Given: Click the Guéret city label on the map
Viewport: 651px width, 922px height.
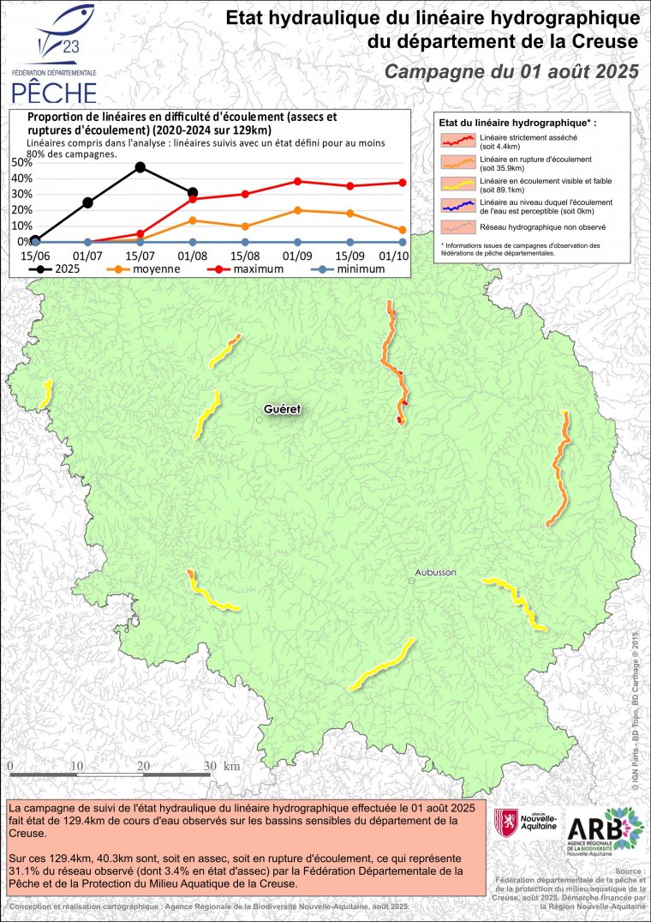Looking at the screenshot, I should (x=283, y=409).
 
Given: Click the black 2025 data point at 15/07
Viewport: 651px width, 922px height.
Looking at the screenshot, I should (x=140, y=167).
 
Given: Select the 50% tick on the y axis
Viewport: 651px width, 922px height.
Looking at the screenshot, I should (x=21, y=161).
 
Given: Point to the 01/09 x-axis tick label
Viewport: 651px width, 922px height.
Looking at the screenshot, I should (x=297, y=256).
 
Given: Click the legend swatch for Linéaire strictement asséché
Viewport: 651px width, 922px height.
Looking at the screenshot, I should (x=458, y=140).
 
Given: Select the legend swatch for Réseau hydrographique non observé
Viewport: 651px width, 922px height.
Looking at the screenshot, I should (x=458, y=228).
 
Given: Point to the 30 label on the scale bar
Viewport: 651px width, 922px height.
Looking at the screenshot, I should (x=210, y=765).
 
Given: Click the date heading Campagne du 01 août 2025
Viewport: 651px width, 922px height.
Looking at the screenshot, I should (x=511, y=71).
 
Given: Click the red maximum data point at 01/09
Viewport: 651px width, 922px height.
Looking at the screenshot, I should (x=297, y=181).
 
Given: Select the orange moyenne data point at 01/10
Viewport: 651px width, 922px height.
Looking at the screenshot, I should (x=402, y=230).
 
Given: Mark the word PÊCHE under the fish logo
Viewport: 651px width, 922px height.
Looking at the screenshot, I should (x=54, y=90).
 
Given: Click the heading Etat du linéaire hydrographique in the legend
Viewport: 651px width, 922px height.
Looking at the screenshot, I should (x=517, y=124).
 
